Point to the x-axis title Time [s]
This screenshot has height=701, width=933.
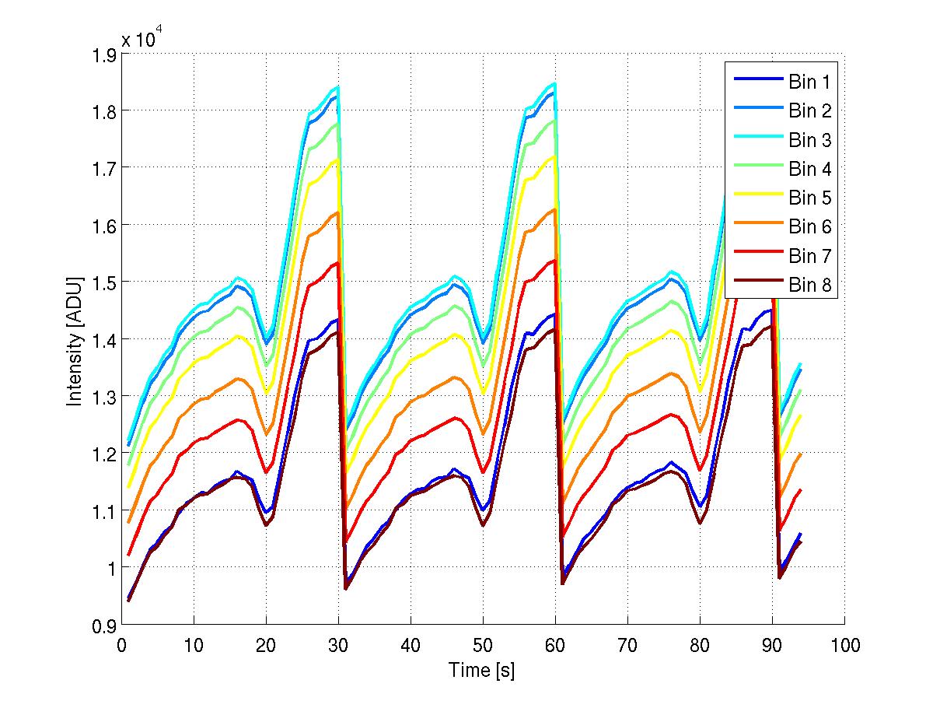click(x=482, y=670)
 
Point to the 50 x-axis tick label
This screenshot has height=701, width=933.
click(x=483, y=645)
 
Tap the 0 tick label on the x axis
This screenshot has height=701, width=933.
click(x=122, y=645)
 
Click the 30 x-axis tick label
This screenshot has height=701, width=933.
click(x=338, y=645)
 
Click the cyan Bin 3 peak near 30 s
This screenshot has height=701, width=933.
click(x=338, y=87)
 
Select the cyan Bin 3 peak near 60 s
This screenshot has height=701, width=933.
click(x=554, y=83)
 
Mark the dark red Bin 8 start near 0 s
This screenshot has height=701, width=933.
click(x=129, y=600)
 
